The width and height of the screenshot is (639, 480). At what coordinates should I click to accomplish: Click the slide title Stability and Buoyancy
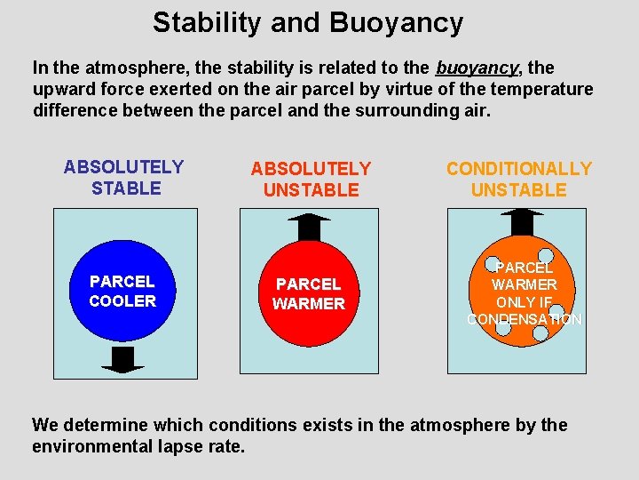(x=307, y=22)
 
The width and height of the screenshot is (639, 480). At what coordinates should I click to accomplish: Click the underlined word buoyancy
(x=477, y=68)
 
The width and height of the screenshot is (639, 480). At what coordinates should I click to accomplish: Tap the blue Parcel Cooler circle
(x=122, y=291)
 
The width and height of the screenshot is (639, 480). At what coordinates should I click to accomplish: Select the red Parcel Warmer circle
(x=308, y=293)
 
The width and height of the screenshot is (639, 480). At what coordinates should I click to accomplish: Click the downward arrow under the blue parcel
(x=122, y=358)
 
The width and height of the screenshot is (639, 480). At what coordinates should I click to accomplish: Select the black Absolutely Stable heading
(x=123, y=178)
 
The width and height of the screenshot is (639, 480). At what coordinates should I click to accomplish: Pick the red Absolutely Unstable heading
(x=310, y=179)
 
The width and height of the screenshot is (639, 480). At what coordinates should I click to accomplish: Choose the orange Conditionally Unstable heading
(x=518, y=179)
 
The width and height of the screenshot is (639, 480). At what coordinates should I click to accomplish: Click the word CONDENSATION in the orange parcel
(x=524, y=319)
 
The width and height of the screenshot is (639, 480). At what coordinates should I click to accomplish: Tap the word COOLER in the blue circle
(x=122, y=301)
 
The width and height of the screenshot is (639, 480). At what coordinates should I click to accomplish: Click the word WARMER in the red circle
(x=308, y=304)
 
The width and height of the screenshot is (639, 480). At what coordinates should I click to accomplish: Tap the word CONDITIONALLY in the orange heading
(x=518, y=169)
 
